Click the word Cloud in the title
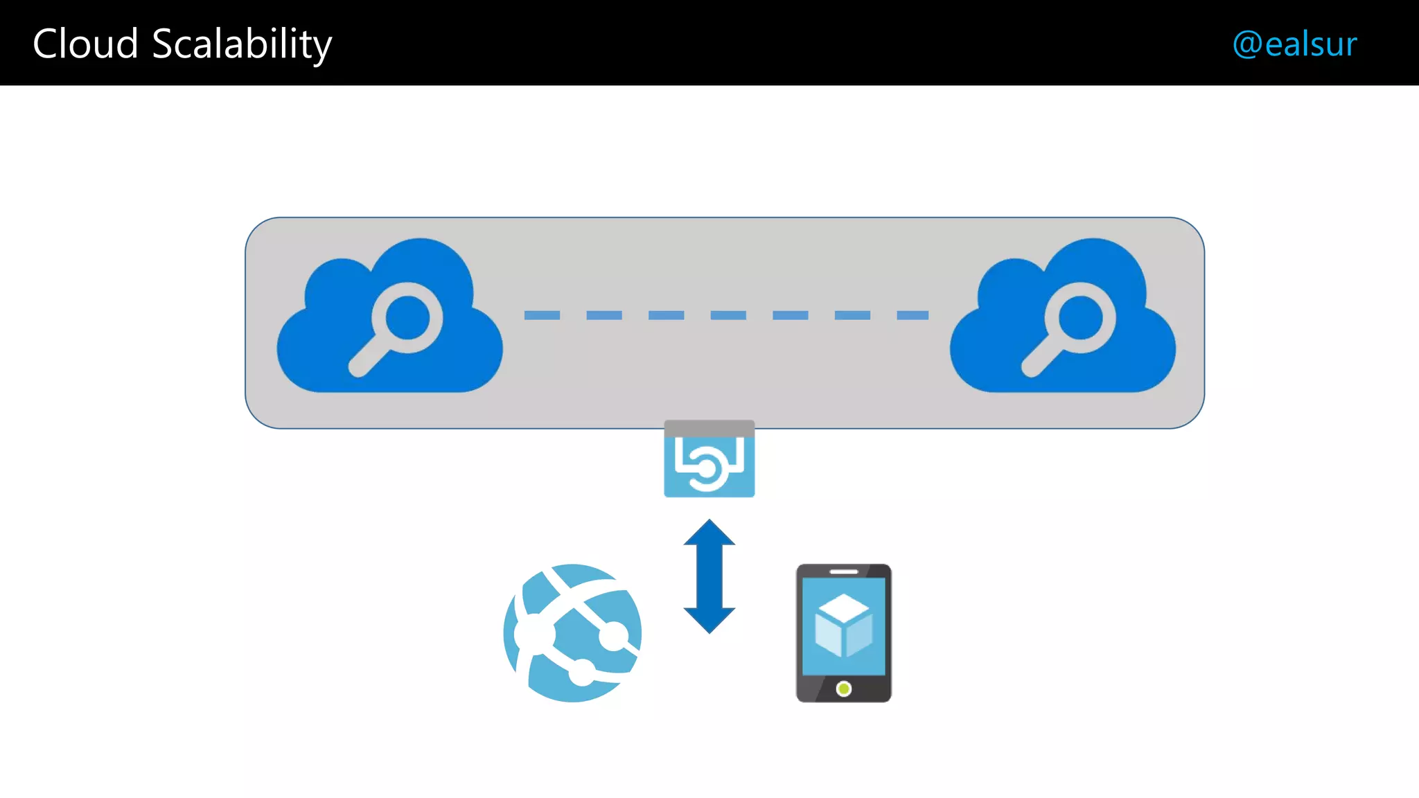[85, 44]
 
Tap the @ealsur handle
[1294, 44]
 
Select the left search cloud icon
[389, 318]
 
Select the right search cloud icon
[1063, 318]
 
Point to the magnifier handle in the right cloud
[1040, 359]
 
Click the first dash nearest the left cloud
[542, 315]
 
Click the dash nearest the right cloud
[913, 315]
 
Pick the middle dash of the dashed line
[728, 315]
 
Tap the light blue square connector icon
[709, 459]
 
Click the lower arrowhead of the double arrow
[709, 619]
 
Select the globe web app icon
[572, 633]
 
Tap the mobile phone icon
[843, 633]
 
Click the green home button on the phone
[843, 689]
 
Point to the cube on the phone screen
[843, 625]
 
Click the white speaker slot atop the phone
[843, 571]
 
